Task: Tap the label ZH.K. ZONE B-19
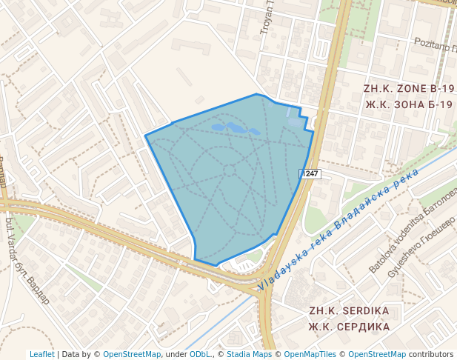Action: click(x=407, y=88)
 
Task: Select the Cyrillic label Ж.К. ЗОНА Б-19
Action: click(x=408, y=104)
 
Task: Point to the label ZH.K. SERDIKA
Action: click(x=349, y=310)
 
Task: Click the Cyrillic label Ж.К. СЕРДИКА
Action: click(x=349, y=327)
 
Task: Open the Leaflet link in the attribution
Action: click(x=41, y=354)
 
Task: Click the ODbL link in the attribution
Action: click(x=199, y=354)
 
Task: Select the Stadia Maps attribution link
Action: click(x=249, y=354)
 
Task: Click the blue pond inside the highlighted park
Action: click(x=236, y=129)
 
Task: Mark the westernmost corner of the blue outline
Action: click(x=146, y=136)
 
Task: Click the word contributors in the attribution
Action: click(x=430, y=354)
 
